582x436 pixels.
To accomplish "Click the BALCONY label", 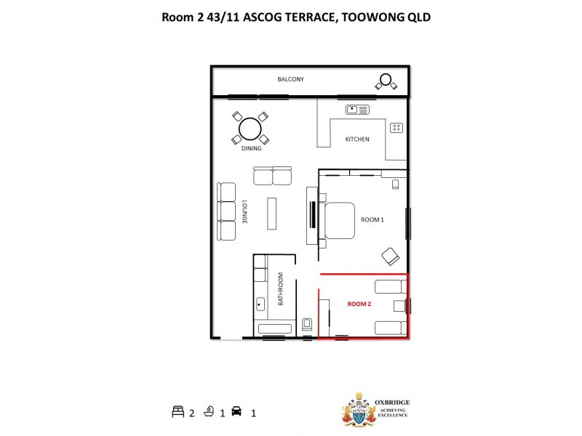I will point(290,79).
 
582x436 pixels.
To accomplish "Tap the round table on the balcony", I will point(386,80).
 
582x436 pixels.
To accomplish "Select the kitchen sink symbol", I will point(357,110).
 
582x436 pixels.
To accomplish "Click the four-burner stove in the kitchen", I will point(396,127).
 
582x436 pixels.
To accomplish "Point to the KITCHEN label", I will point(357,139).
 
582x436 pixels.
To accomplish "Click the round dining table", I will point(250,129).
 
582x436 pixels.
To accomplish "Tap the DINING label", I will point(251,149).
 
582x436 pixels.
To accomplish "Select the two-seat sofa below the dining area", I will point(272,177).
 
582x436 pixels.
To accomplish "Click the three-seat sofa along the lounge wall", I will point(227,211).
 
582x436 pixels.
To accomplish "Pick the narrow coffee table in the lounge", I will point(272,211).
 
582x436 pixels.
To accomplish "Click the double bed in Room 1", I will point(338,220).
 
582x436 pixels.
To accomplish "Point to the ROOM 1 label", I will point(372,219).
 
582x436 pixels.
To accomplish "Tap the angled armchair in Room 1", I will point(391,256).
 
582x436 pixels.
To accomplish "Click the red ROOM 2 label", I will point(359,304).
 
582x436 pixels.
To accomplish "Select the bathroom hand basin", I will point(260,304).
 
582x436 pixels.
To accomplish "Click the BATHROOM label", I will point(279,294).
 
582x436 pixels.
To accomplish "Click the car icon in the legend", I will point(235,412).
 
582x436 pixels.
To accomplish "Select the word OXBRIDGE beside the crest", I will point(391,400).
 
